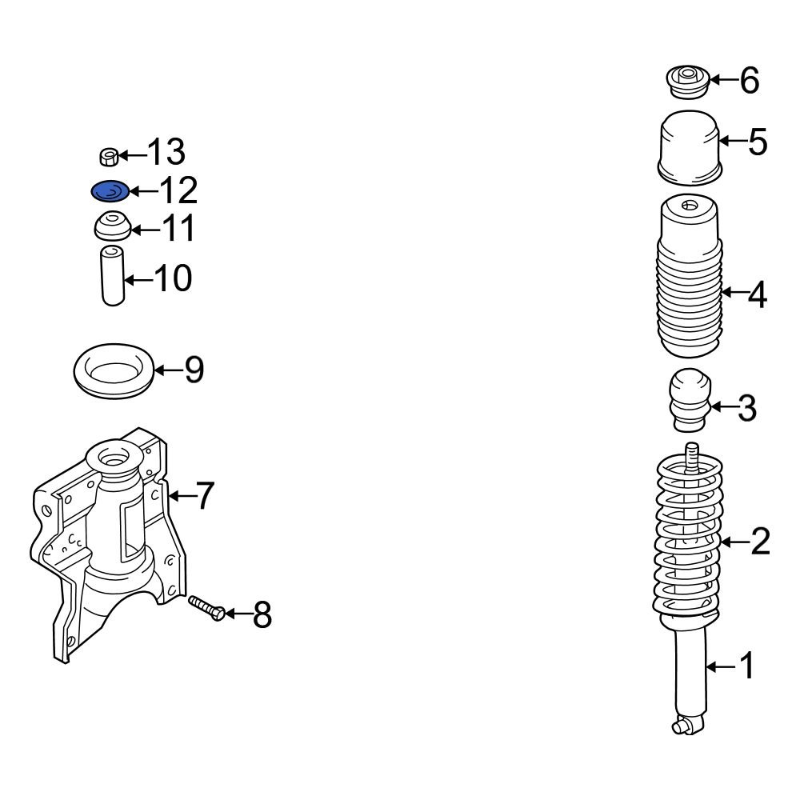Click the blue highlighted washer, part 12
pos(110,191)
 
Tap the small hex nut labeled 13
pos(108,157)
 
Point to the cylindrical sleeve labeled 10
pos(113,275)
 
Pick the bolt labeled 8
pos(207,608)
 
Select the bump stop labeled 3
pos(690,399)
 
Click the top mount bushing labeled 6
pos(688,82)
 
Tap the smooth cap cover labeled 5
pos(690,147)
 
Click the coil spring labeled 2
pos(688,536)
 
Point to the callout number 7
pos(205,495)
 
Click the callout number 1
pos(747,666)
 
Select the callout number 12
pos(178,190)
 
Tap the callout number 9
pos(194,370)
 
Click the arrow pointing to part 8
pos(238,614)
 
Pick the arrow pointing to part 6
pos(725,79)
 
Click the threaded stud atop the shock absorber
pos(692,459)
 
